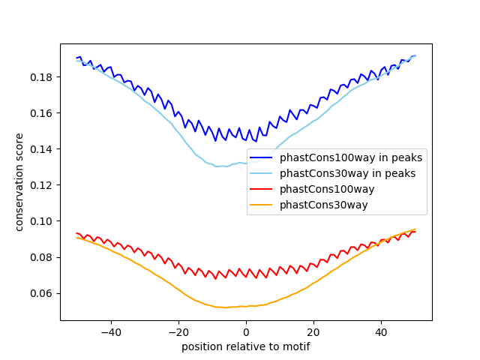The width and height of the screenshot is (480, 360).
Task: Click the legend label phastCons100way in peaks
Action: pos(351,158)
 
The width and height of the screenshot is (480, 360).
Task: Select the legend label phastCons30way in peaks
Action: pos(347,174)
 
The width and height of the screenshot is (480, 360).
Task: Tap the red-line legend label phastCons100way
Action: pos(327,190)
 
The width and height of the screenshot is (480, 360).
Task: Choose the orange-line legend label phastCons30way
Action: pos(324,205)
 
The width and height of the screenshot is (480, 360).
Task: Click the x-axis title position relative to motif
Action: pos(246,346)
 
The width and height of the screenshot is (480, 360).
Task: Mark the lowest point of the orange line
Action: pos(226,307)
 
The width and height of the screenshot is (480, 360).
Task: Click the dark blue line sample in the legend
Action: pos(262,158)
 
